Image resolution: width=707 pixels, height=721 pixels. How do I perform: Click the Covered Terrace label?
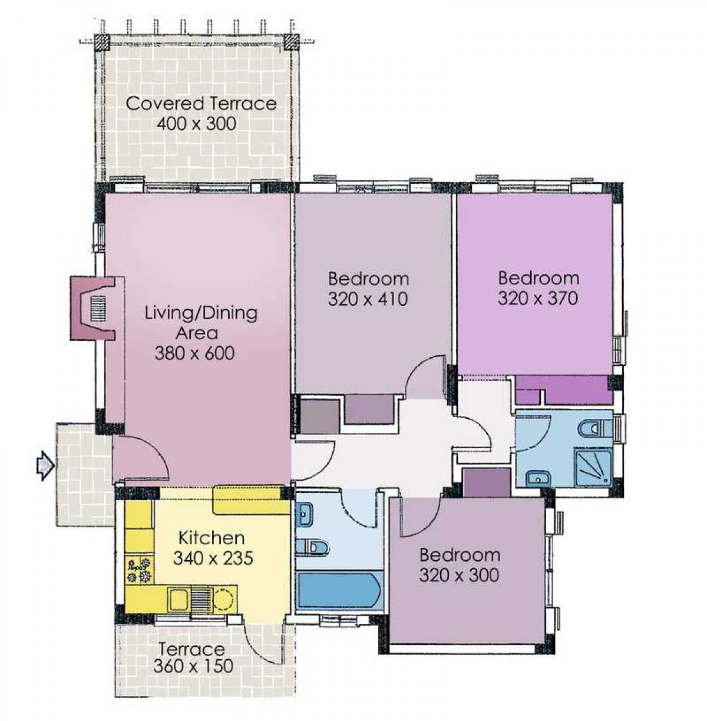(201, 103)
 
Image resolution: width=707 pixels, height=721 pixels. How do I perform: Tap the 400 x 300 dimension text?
(197, 124)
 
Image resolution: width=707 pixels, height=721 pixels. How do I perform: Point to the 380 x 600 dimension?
(194, 353)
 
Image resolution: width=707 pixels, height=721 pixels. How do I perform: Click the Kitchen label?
(212, 538)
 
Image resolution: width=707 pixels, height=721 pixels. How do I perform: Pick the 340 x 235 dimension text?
(213, 558)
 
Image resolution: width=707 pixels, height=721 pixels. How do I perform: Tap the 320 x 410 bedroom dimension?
(368, 299)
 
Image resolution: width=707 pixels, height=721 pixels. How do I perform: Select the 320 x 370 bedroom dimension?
(538, 298)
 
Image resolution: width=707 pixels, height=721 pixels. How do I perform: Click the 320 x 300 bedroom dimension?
(459, 575)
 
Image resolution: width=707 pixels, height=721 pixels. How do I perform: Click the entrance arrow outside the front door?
(45, 465)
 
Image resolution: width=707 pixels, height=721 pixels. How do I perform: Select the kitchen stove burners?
(139, 570)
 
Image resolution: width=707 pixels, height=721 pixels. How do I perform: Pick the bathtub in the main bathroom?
(339, 591)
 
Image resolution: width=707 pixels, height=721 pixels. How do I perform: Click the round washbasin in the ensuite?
(538, 478)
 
